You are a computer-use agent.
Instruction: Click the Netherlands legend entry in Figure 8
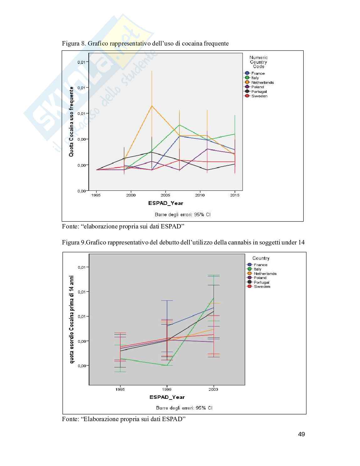(262, 83)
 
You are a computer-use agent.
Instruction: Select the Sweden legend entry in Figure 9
(262, 287)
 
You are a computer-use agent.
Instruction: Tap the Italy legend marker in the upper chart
(247, 78)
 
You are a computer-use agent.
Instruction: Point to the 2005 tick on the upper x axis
(166, 195)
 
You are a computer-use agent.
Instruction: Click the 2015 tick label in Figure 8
(235, 195)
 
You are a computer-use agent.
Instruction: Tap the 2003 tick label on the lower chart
(213, 389)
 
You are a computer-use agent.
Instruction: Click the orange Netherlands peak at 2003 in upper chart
(152, 106)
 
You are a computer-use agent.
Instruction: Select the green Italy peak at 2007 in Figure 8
(179, 125)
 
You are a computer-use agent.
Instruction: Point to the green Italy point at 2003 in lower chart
(213, 298)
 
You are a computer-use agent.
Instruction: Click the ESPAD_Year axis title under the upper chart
(166, 203)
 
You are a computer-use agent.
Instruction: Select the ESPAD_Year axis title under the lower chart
(167, 397)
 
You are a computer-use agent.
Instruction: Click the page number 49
(301, 434)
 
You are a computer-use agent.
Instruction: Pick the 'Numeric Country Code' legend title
(259, 62)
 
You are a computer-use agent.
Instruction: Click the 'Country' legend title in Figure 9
(261, 258)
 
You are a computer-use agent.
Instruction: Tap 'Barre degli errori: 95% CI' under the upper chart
(183, 215)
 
